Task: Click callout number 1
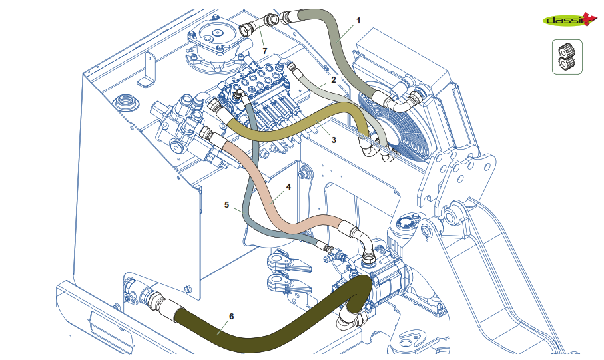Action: tap(358, 21)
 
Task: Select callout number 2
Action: tap(333, 79)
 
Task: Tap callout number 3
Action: tap(334, 140)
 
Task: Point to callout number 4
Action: tap(288, 187)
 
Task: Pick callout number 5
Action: tap(227, 205)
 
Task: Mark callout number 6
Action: tap(231, 315)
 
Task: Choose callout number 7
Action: tap(264, 51)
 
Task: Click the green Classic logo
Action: tap(566, 20)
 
